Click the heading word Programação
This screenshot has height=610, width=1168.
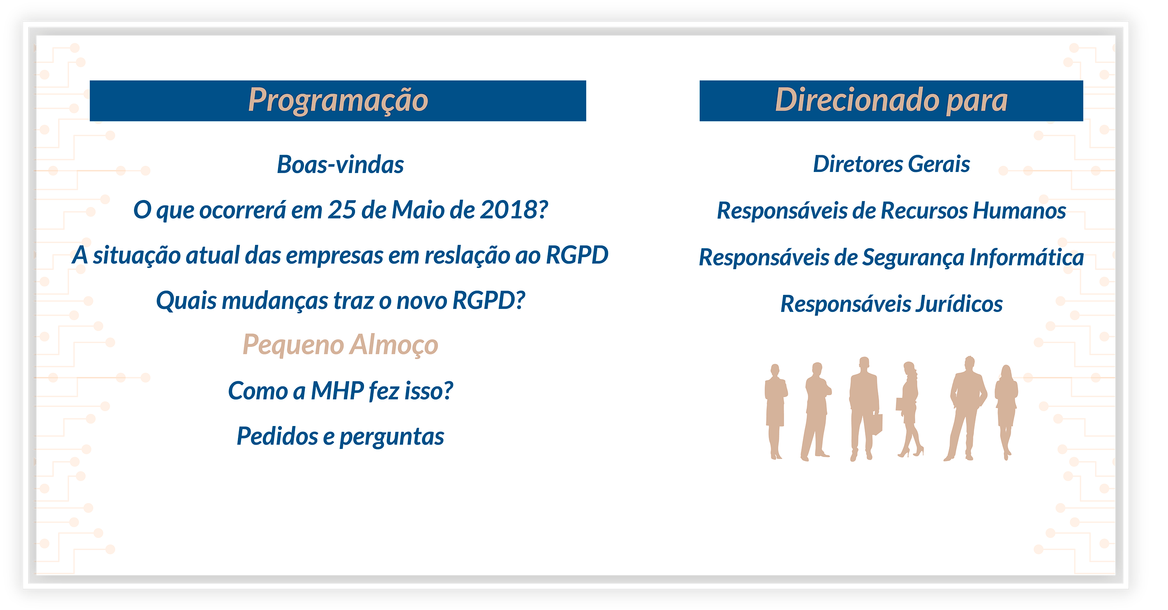(338, 101)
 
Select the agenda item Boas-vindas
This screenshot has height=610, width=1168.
(340, 164)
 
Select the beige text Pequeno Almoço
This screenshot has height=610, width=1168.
(340, 345)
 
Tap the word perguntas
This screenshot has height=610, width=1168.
(392, 437)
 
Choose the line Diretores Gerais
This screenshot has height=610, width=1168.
(892, 164)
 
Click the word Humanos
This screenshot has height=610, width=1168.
(1019, 211)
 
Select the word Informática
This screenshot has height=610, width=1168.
(1027, 258)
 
